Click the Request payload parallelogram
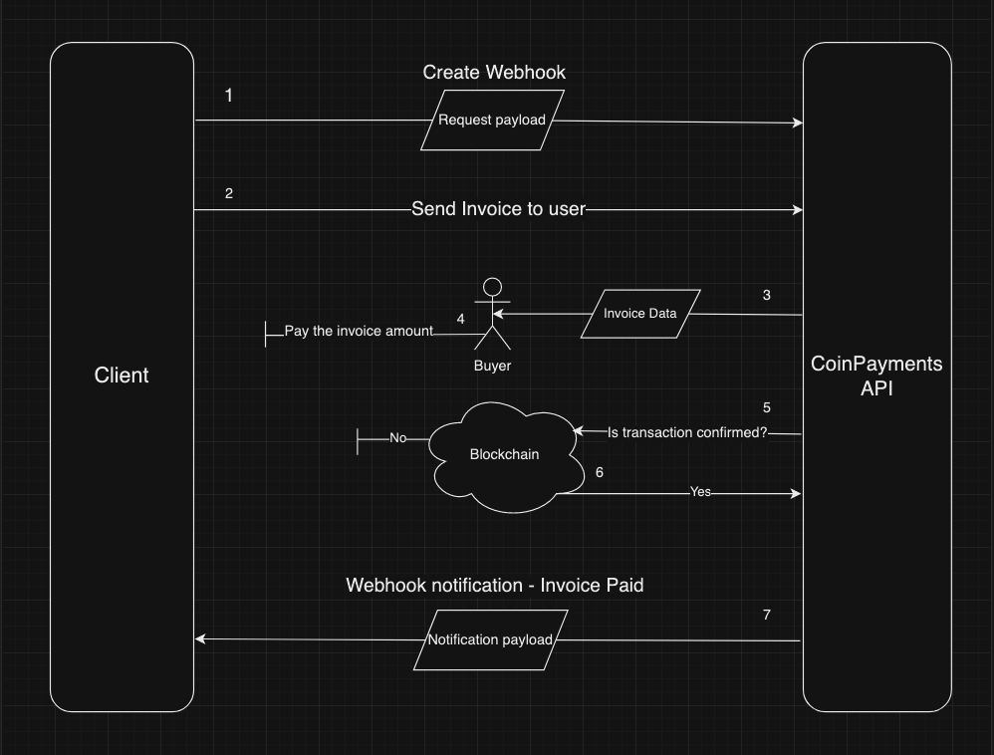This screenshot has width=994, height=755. tap(492, 121)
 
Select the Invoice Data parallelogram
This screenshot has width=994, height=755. tap(640, 314)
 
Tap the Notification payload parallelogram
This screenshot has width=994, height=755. tap(489, 639)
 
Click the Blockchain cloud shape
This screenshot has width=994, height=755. tap(505, 454)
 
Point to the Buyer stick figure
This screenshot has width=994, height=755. tap(490, 316)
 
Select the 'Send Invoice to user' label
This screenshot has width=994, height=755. tap(499, 209)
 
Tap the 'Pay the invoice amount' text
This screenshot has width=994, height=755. tap(359, 331)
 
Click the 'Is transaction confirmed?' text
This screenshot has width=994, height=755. tap(687, 433)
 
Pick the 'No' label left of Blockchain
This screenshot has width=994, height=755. tap(398, 437)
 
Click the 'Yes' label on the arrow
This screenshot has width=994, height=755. tap(700, 492)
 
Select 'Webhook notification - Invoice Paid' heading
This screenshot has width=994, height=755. tap(494, 585)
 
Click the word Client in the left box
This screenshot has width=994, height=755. tap(122, 376)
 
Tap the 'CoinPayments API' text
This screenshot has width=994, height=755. tap(876, 377)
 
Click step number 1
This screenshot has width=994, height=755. tap(229, 96)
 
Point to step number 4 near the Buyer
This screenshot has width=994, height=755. tap(460, 319)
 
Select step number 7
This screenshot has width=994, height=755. tap(766, 615)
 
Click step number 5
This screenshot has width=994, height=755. tap(766, 407)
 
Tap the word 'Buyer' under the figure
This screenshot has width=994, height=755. tap(492, 366)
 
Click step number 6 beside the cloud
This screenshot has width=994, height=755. tap(599, 472)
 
